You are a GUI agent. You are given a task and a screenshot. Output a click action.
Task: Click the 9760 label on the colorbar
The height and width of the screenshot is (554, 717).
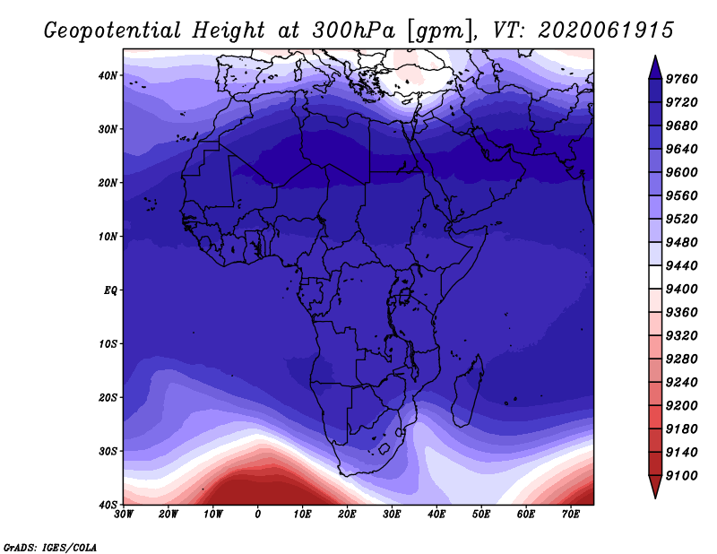click(x=681, y=79)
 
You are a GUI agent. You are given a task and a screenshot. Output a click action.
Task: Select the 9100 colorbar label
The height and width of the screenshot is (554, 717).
click(x=681, y=476)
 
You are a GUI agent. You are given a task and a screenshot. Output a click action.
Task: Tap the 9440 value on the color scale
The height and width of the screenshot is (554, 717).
click(x=681, y=265)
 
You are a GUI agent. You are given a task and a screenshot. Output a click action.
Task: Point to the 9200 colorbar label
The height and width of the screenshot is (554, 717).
click(x=681, y=406)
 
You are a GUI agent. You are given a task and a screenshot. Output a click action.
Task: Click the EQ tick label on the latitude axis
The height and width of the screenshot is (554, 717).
click(x=110, y=290)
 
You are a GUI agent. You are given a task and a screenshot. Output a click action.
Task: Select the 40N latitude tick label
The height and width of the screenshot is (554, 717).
click(x=108, y=75)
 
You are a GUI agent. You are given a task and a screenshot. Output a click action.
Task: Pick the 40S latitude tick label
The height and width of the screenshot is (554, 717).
click(x=108, y=505)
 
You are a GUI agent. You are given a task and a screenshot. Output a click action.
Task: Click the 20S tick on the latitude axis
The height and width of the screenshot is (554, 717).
click(x=108, y=397)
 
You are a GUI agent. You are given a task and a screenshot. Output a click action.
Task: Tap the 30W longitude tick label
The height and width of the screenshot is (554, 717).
click(x=124, y=515)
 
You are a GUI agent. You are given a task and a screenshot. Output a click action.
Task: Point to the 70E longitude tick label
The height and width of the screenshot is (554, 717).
click(x=571, y=515)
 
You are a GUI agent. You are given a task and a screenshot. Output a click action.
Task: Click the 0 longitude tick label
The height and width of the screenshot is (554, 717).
click(x=258, y=515)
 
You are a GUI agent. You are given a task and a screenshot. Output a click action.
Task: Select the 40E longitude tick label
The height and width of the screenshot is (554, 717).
click(x=436, y=515)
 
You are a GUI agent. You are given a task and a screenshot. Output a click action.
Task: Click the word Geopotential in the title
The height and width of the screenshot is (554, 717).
click(x=113, y=30)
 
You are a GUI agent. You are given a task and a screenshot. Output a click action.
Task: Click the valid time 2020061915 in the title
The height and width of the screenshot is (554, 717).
click(x=606, y=30)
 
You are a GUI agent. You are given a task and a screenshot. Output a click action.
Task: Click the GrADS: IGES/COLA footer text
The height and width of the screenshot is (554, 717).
click(x=50, y=548)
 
